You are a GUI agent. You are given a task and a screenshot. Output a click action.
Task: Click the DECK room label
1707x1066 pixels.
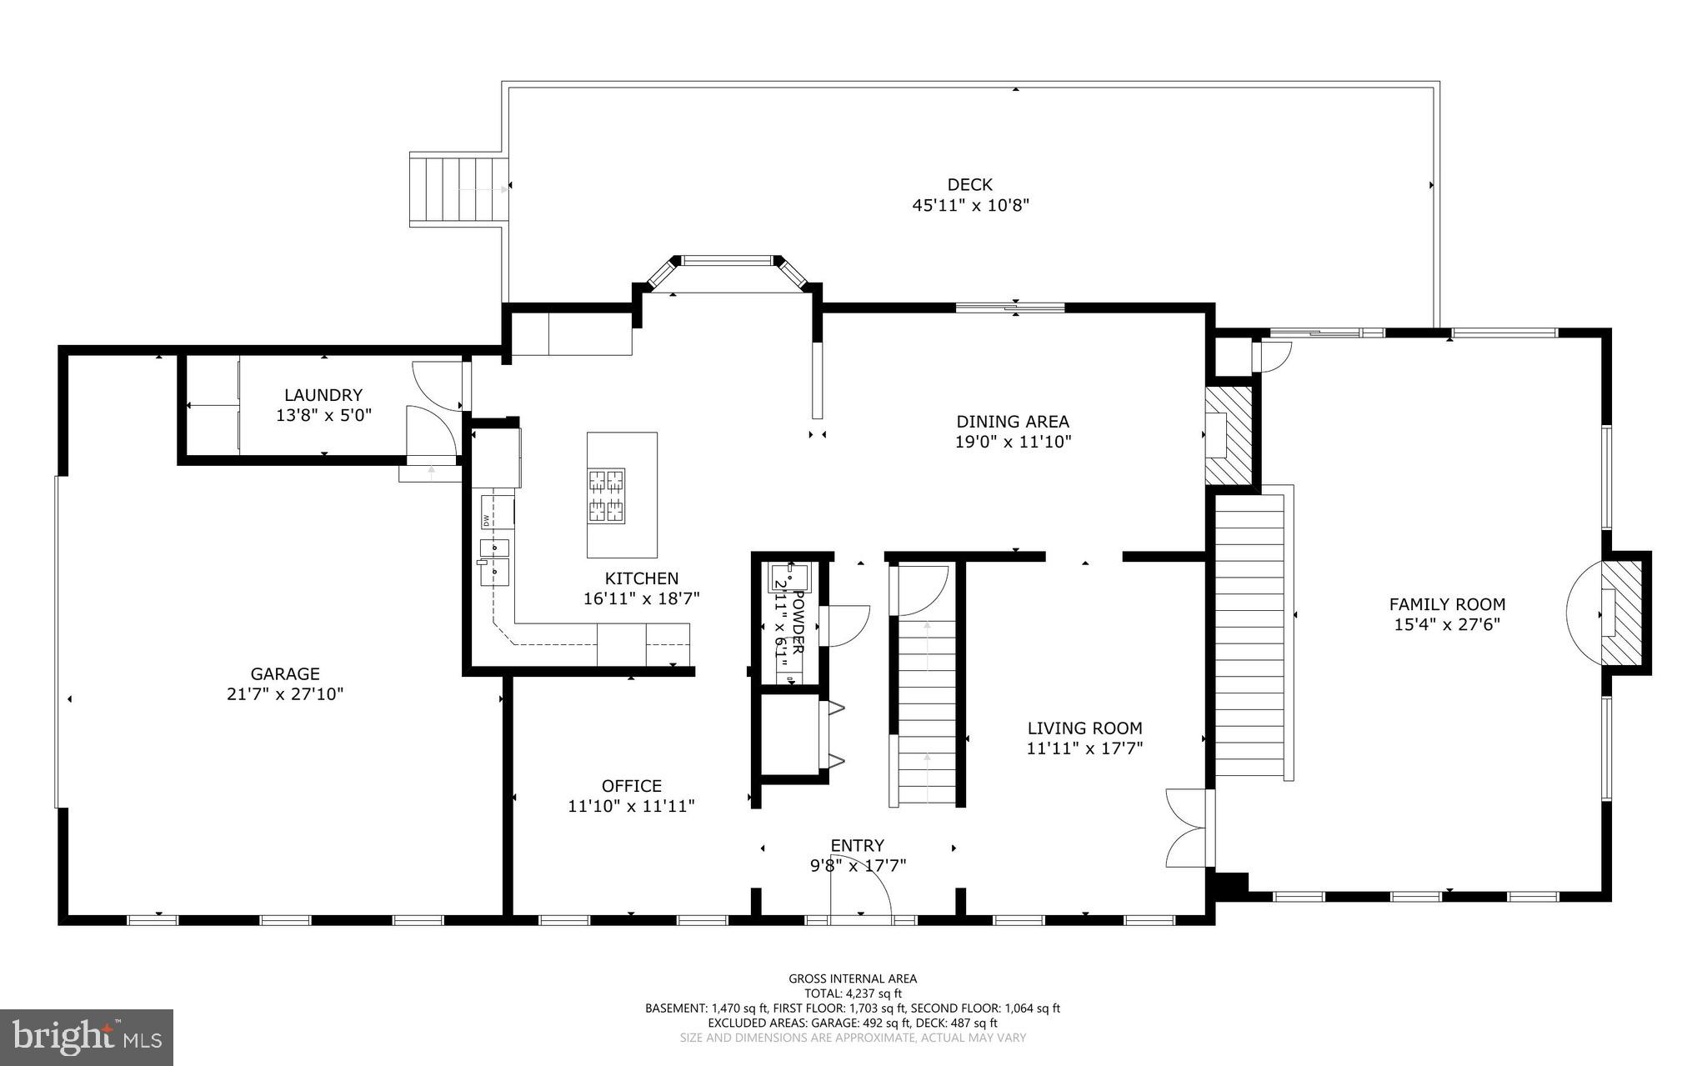pyautogui.click(x=969, y=185)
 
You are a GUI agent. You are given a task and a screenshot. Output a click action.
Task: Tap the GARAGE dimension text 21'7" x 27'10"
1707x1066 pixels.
pyautogui.click(x=285, y=694)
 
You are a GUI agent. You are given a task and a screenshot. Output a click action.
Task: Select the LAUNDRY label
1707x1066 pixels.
pyautogui.click(x=323, y=395)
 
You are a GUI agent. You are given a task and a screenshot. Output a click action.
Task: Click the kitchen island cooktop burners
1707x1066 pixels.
pyautogui.click(x=607, y=496)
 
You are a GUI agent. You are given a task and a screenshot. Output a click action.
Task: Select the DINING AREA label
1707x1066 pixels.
pyautogui.click(x=1012, y=422)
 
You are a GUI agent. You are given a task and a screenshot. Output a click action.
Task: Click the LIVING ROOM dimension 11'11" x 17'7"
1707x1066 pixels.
pyautogui.click(x=1084, y=748)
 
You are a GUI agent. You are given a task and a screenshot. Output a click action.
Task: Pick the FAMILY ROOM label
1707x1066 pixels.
pyautogui.click(x=1447, y=604)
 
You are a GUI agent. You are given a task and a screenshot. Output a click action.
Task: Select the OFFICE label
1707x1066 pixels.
pyautogui.click(x=631, y=786)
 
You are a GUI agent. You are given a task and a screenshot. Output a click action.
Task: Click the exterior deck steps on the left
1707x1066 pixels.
pyautogui.click(x=458, y=189)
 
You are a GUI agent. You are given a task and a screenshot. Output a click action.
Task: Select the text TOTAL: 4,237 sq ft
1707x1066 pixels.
pyautogui.click(x=853, y=993)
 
